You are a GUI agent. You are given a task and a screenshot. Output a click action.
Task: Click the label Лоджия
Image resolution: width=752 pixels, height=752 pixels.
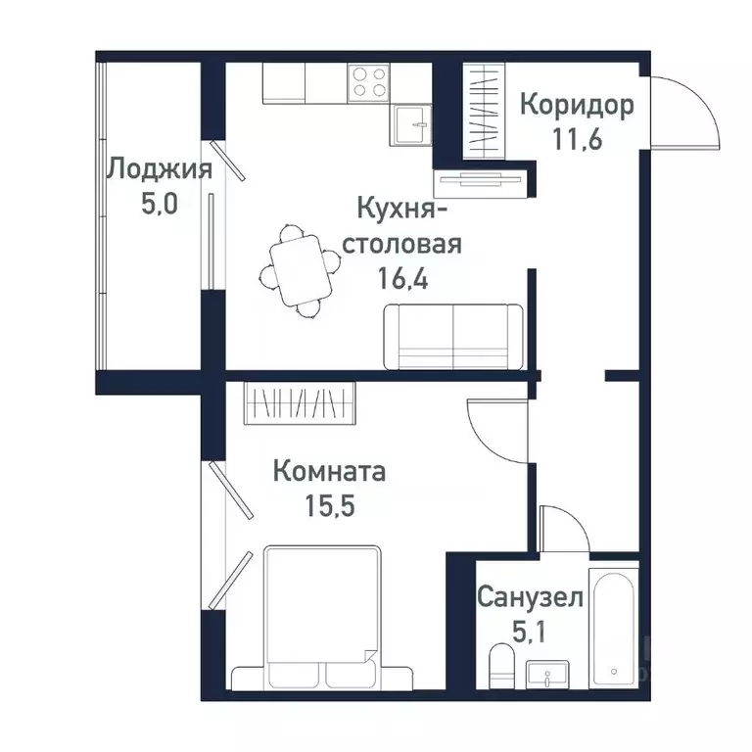(159, 169)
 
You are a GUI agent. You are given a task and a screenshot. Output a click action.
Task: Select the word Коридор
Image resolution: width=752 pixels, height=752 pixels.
(577, 104)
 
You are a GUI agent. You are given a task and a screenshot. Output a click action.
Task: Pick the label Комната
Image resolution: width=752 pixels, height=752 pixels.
(329, 472)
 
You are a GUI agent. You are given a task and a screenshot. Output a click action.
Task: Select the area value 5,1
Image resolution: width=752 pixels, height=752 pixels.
(530, 630)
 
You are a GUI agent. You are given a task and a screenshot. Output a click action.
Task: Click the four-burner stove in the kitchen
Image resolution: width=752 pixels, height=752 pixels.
(369, 81)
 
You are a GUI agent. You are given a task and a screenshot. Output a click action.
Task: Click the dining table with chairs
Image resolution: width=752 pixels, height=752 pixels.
(300, 268)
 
